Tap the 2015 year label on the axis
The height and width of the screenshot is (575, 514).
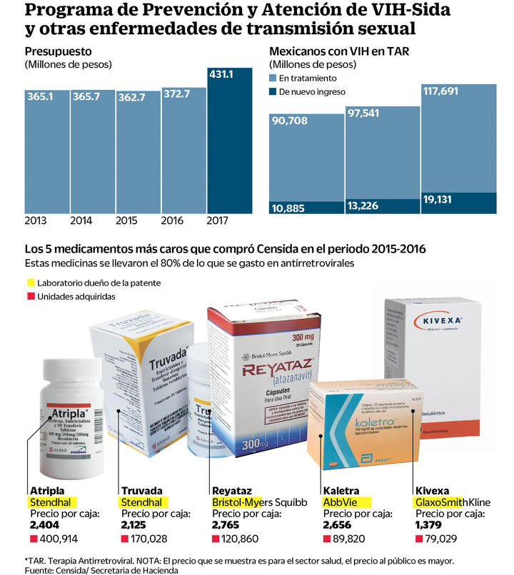[x=127, y=221]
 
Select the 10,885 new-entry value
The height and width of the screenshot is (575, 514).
[x=290, y=208]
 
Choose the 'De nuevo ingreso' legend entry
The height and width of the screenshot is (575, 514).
[x=312, y=91]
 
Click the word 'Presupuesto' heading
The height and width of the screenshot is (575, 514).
[x=56, y=51]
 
